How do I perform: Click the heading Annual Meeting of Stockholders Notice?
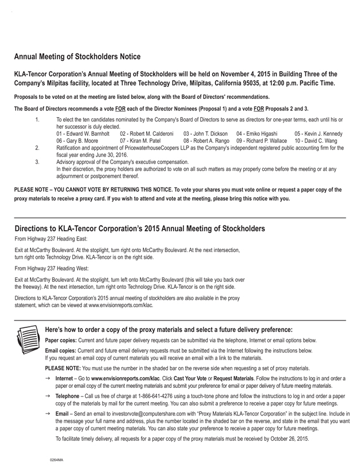(x=77, y=57)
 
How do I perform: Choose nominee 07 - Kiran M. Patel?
(x=140, y=140)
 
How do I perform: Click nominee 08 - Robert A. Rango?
(x=206, y=140)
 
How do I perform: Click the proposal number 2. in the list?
(x=37, y=148)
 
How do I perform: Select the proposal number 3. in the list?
(x=37, y=162)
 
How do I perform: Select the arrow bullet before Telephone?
(x=48, y=396)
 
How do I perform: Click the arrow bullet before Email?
(x=48, y=414)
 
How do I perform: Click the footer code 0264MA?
(x=56, y=460)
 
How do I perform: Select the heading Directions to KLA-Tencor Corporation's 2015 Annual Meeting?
(x=140, y=228)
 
